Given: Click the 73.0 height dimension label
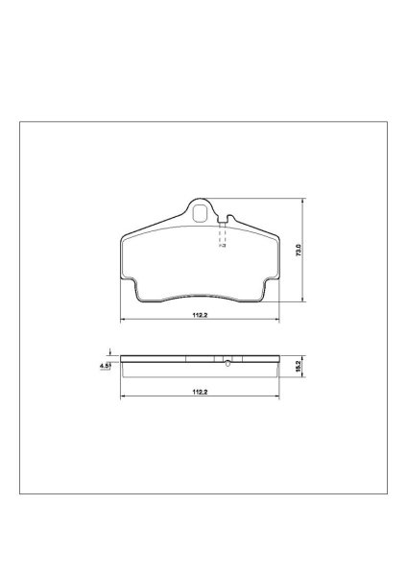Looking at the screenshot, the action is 299,251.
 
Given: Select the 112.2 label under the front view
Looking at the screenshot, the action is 201,315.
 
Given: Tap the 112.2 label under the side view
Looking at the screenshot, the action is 201,392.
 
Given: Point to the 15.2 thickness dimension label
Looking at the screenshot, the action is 298,367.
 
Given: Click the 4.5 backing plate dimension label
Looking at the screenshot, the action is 105,366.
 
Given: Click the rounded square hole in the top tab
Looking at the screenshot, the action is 201,213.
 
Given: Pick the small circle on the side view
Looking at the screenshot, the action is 227,364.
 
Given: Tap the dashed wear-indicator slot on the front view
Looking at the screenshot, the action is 223,235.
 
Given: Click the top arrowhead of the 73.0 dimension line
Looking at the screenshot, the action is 302,201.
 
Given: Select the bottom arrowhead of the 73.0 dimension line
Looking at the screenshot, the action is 302,299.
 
